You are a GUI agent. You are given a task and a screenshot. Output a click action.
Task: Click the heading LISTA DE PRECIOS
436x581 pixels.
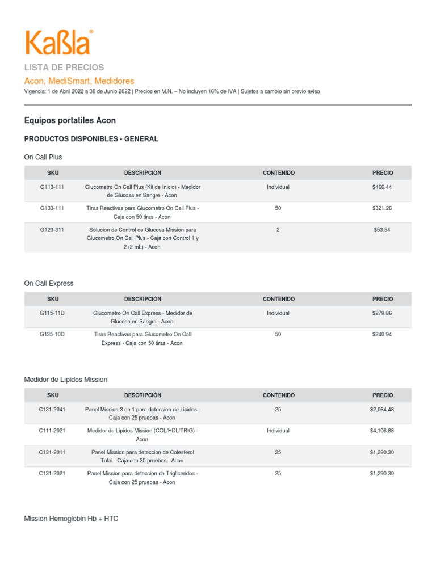coord(64,68)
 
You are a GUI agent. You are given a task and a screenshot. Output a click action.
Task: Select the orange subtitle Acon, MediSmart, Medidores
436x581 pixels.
coord(79,81)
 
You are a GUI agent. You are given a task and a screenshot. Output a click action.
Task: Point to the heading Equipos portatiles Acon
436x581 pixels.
coord(70,120)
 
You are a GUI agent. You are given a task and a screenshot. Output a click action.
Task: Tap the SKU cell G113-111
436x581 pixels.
coord(52,187)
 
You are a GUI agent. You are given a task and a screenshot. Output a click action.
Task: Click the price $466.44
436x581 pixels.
coord(382,187)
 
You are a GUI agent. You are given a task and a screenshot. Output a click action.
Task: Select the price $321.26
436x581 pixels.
coord(382,208)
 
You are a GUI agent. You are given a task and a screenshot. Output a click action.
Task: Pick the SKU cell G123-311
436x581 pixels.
coord(52,230)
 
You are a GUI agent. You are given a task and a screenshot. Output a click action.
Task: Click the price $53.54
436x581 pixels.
coord(382,230)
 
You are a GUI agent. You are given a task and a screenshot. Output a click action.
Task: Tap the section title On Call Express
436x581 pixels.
coord(49,283)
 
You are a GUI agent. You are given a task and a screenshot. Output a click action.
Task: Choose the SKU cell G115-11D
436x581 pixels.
coord(52,313)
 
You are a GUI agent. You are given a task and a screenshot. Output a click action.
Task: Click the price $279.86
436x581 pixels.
coord(382,313)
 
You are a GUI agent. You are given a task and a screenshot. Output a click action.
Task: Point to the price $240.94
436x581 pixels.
coord(382,335)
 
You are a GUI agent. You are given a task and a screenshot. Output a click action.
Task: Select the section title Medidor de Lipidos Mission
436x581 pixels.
coord(66,380)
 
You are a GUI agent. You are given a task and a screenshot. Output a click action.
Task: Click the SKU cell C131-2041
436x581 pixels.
coord(52,410)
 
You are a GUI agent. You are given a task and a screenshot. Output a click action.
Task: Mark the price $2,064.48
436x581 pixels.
coord(382,410)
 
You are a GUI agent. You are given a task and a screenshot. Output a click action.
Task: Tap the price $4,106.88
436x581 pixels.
coord(382,431)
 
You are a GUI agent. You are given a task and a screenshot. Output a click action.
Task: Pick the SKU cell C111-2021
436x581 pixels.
coord(52,431)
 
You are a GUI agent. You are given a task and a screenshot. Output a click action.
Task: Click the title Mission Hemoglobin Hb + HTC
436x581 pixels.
coord(72,519)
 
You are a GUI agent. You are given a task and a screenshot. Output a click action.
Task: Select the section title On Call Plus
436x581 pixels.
coord(43,157)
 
